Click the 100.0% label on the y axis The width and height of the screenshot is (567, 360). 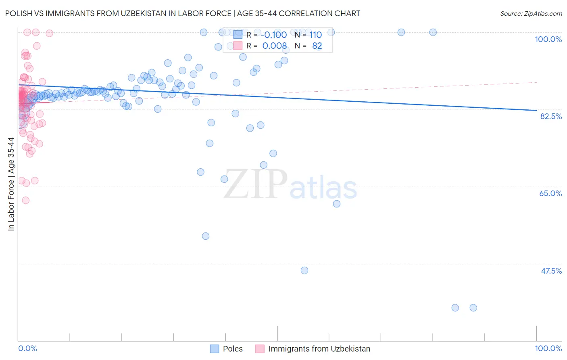(x=548, y=39)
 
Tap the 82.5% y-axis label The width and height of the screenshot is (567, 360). (x=551, y=116)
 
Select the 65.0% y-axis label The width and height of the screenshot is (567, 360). (x=550, y=193)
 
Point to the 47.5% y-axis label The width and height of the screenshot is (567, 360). (x=551, y=271)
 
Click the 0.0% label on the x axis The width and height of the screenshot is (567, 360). (x=27, y=348)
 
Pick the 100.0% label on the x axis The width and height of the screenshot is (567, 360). (x=548, y=348)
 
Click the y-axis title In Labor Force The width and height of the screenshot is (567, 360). (x=11, y=184)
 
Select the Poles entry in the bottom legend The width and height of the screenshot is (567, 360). (x=233, y=349)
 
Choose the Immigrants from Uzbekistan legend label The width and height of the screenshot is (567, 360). (x=319, y=349)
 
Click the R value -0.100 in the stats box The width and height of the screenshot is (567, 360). (x=273, y=35)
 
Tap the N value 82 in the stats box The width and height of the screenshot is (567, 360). (x=317, y=46)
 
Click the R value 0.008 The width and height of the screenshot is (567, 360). (x=274, y=46)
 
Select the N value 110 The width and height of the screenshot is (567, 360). (x=315, y=35)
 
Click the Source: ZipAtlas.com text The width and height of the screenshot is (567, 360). (x=531, y=13)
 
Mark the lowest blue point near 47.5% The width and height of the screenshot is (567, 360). (x=304, y=270)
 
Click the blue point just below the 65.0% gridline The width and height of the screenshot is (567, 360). (x=337, y=204)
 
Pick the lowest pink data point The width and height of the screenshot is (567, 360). (x=25, y=200)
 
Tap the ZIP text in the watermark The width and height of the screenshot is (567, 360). (x=255, y=184)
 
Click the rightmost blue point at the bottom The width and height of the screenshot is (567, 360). (x=473, y=308)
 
